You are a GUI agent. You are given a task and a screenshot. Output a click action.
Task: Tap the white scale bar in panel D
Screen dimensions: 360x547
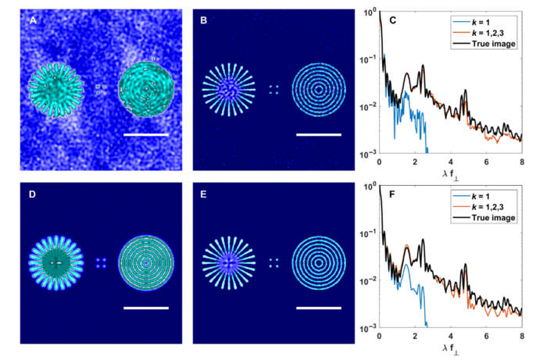[146, 308]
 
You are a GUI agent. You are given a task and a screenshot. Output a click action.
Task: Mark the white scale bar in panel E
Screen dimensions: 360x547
[319, 308]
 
